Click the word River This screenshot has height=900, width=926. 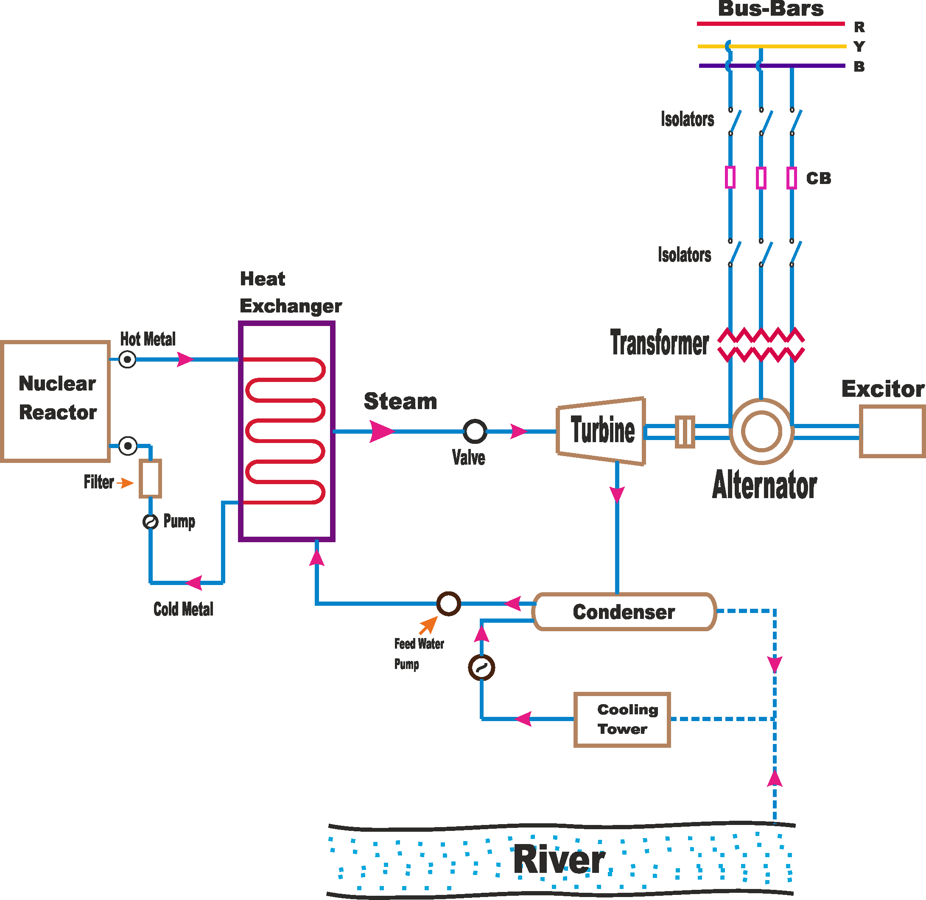click(559, 859)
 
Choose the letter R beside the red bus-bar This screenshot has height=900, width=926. click(859, 27)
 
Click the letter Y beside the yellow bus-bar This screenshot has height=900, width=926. click(859, 46)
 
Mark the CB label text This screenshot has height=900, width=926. click(819, 178)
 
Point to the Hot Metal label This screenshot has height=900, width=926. click(148, 339)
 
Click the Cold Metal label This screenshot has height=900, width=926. click(184, 609)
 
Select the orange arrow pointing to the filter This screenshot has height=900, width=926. click(125, 482)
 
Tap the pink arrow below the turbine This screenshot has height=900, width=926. click(617, 494)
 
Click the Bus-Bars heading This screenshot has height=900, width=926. click(771, 8)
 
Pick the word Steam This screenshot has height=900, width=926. click(400, 401)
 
